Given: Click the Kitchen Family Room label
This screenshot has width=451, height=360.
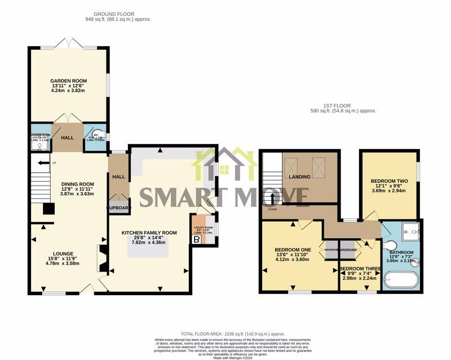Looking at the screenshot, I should coord(149,232).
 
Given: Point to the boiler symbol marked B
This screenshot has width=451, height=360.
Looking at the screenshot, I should coord(196,239).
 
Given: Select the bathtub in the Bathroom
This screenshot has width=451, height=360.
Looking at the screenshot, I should coord(401,280).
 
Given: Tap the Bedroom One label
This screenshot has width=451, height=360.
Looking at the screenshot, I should coord(292,249).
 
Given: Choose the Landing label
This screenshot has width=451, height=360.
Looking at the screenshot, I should coord(299,177).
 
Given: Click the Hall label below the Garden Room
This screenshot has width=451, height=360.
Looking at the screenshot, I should coord(68,138).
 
